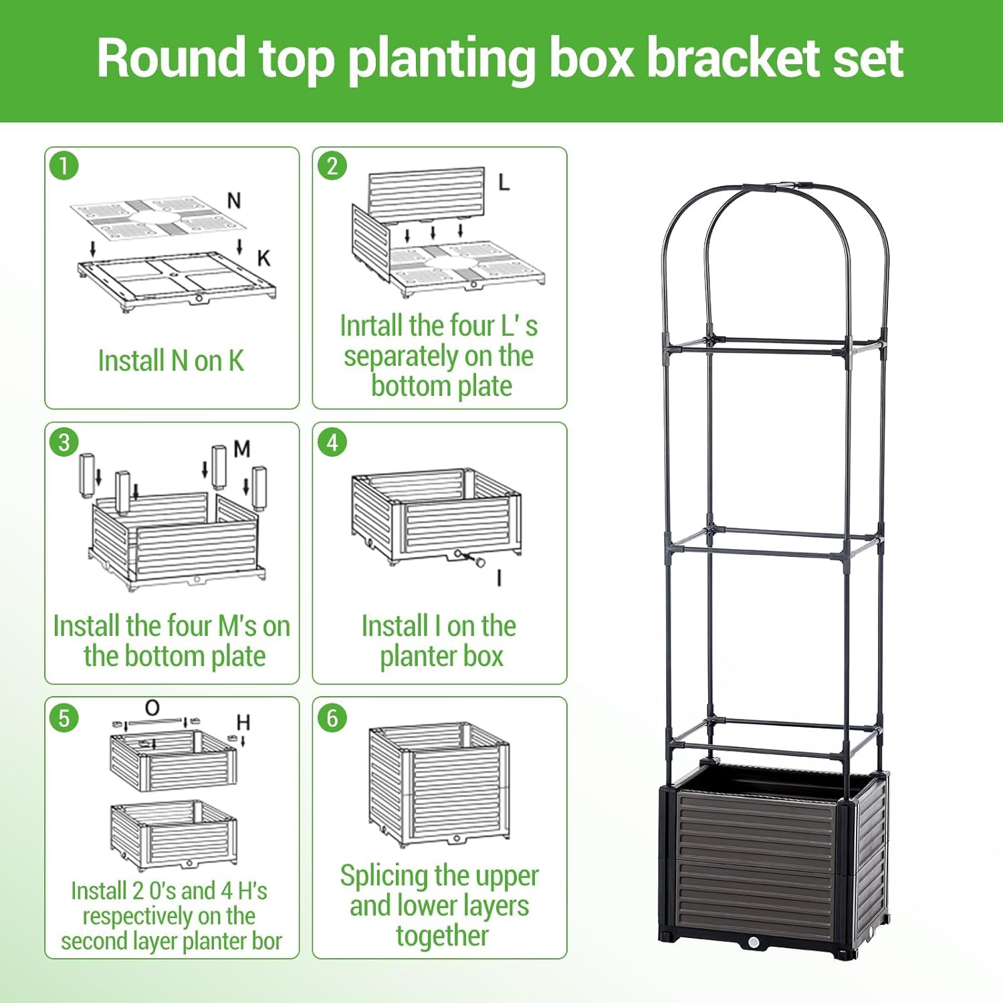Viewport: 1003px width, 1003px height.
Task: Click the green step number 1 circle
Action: (64, 166)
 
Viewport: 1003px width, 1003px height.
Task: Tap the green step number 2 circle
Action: (332, 166)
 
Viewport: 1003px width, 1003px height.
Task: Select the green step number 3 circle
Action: (64, 443)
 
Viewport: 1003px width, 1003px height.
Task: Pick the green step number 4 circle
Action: (332, 443)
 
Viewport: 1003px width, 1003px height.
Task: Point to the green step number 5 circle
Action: (64, 718)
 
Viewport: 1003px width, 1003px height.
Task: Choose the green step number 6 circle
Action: (332, 718)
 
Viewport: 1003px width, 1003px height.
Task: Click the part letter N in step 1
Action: (234, 201)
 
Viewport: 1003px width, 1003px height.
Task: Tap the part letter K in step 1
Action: (263, 258)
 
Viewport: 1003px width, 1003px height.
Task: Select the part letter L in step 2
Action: (504, 182)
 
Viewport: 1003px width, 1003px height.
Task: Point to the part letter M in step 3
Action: (242, 449)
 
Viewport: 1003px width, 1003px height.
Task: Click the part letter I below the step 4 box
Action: (499, 578)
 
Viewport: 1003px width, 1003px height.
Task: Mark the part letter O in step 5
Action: (152, 708)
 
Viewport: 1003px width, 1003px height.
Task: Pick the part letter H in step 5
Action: (243, 723)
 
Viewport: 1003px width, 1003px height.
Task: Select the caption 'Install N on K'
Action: (171, 361)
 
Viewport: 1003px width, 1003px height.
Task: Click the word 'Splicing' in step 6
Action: (384, 876)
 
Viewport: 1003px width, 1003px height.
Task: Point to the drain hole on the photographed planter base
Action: (754, 943)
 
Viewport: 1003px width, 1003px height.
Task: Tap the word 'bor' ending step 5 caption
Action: (267, 941)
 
